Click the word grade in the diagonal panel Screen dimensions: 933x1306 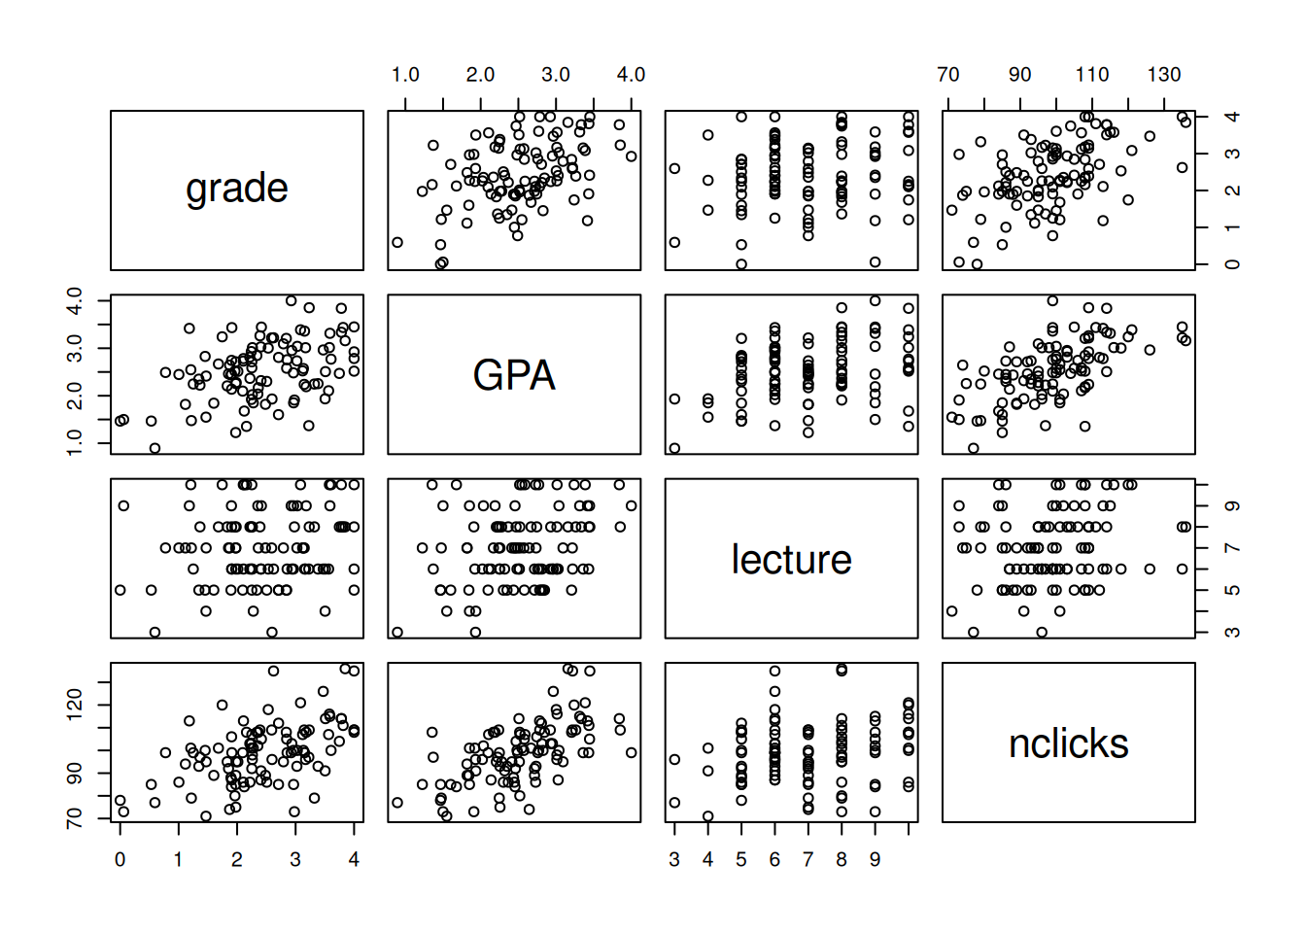click(x=237, y=189)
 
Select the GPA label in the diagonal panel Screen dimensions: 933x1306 click(x=514, y=375)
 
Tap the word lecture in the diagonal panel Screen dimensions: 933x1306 click(x=791, y=560)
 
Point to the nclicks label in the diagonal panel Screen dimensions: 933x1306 click(x=1068, y=744)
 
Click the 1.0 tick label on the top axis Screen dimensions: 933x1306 click(x=405, y=75)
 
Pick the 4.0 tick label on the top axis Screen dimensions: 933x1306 click(x=631, y=75)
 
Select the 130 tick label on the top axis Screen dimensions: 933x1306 click(x=1163, y=75)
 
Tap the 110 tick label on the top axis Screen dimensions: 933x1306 click(x=1091, y=75)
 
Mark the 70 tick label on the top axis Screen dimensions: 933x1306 click(x=948, y=75)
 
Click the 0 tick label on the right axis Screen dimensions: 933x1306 click(x=1232, y=264)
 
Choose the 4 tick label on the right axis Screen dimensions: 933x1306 click(x=1232, y=117)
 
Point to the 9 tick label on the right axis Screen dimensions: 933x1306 click(x=1232, y=506)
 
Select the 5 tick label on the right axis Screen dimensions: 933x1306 click(x=1232, y=590)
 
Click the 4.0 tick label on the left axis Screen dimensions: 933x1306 click(x=75, y=300)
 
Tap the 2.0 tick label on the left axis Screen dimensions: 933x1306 click(x=75, y=396)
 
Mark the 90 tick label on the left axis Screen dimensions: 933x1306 click(x=75, y=774)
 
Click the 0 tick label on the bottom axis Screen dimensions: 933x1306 click(x=120, y=859)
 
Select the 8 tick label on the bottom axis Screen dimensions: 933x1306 click(x=842, y=859)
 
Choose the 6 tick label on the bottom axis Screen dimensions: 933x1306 click(x=774, y=859)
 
